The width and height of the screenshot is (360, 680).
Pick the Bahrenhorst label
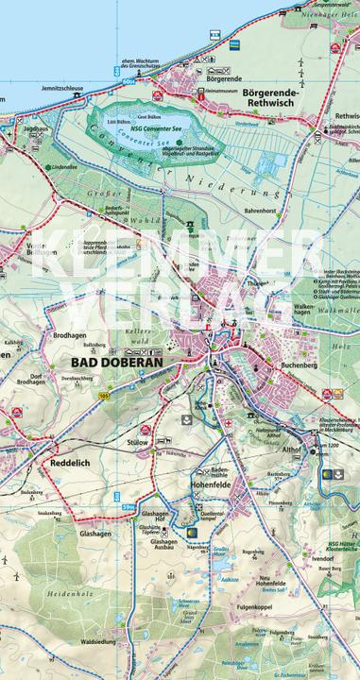pos(257,212)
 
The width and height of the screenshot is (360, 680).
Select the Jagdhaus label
pos(36,125)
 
